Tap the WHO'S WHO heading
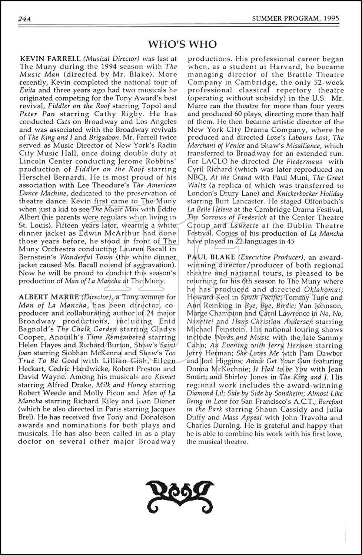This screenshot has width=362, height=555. [x=182, y=45]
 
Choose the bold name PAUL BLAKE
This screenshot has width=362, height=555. [x=211, y=257]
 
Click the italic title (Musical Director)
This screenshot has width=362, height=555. [x=112, y=59]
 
